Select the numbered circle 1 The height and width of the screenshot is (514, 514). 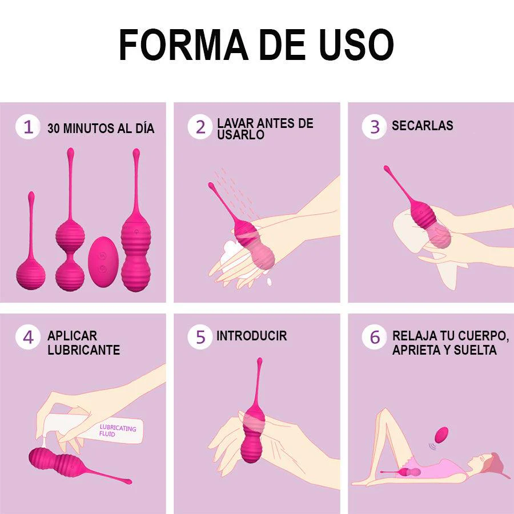[x=28, y=127]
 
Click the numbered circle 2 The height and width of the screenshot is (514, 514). [x=200, y=127]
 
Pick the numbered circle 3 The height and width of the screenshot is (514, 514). [x=374, y=127]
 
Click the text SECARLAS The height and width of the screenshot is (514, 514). [x=423, y=126]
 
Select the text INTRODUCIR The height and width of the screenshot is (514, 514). [x=252, y=336]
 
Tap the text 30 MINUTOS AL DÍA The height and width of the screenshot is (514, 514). [x=101, y=128]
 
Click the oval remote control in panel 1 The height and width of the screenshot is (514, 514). [x=103, y=262]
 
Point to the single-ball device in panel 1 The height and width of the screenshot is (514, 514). [x=31, y=241]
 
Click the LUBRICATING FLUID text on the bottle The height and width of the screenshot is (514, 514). [x=117, y=431]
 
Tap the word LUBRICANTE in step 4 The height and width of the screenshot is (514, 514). [x=83, y=350]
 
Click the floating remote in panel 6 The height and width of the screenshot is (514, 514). [x=441, y=435]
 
